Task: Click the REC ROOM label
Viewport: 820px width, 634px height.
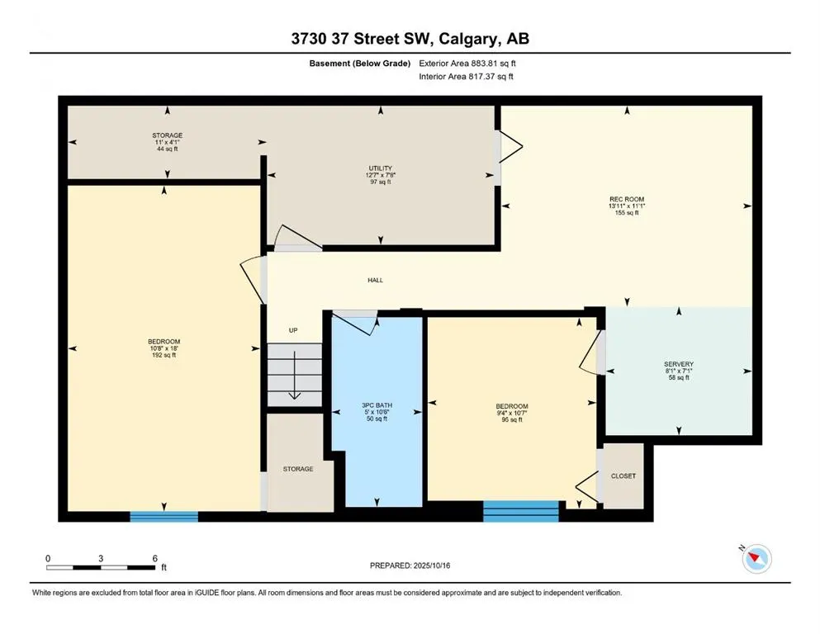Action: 627,199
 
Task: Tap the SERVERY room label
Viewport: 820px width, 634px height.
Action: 679,364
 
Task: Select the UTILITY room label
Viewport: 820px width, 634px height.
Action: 380,168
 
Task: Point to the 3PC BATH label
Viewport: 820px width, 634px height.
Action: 377,405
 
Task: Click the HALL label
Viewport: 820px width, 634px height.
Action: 375,280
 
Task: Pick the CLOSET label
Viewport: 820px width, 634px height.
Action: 623,476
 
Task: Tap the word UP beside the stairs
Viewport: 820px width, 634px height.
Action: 293,330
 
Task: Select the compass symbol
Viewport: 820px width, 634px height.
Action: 756,558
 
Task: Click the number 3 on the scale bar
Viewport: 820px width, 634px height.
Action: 101,558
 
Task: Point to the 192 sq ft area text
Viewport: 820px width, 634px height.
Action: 164,356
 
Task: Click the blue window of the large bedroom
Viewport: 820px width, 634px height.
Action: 164,517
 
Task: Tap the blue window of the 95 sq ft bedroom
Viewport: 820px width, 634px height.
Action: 521,511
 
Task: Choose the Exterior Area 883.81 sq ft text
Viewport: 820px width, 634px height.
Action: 467,64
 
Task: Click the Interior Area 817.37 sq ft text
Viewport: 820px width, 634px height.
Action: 466,76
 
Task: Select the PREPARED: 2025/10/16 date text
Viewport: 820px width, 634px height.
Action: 410,565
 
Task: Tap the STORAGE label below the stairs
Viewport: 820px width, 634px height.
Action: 298,470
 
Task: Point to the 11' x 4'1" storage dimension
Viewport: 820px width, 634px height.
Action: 168,142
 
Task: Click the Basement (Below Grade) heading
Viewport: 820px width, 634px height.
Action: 360,64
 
